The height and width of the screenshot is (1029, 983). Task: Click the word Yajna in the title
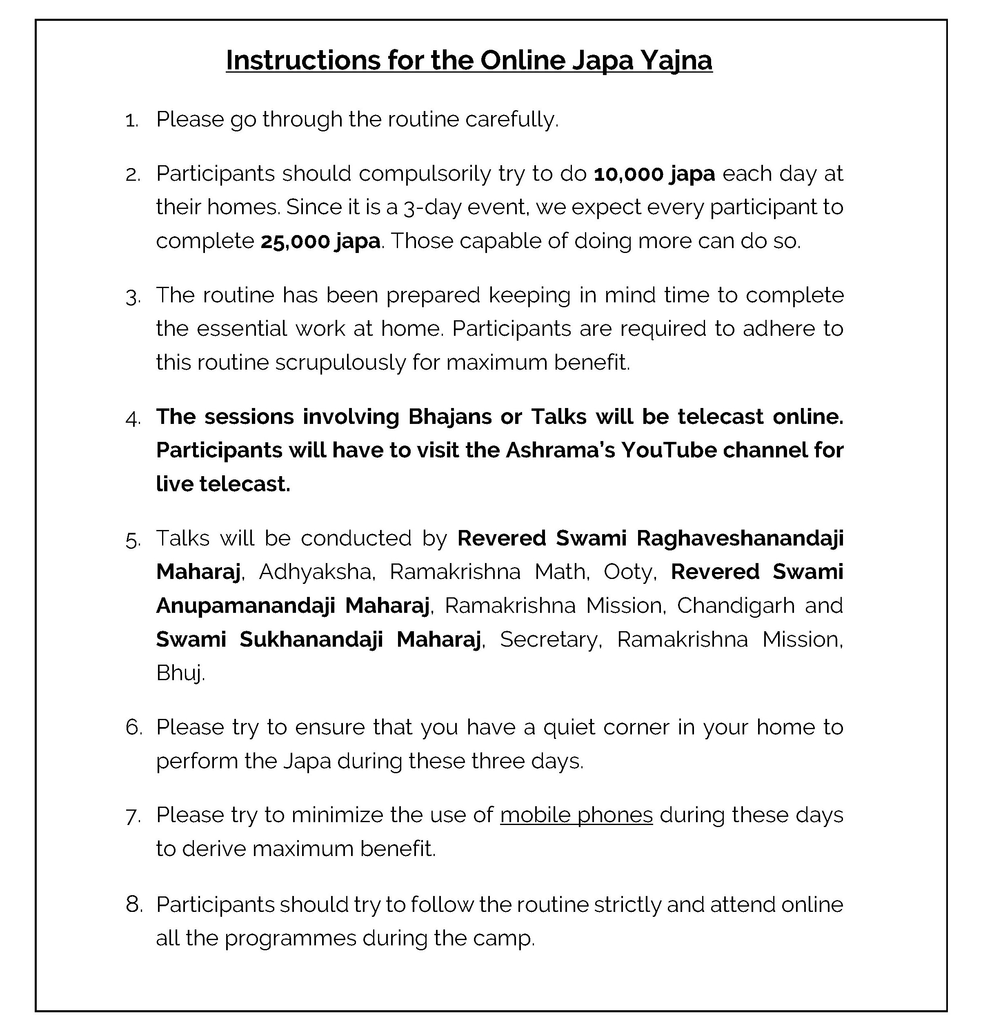[x=676, y=60]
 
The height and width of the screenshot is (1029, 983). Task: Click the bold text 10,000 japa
[x=654, y=174]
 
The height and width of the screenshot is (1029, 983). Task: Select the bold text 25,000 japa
[x=320, y=242]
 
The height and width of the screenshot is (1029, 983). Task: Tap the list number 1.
[x=131, y=121]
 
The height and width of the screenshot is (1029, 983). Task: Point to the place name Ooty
[x=629, y=572]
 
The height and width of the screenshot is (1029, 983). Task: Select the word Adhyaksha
[x=316, y=572]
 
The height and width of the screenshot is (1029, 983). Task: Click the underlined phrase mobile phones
[x=576, y=815]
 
